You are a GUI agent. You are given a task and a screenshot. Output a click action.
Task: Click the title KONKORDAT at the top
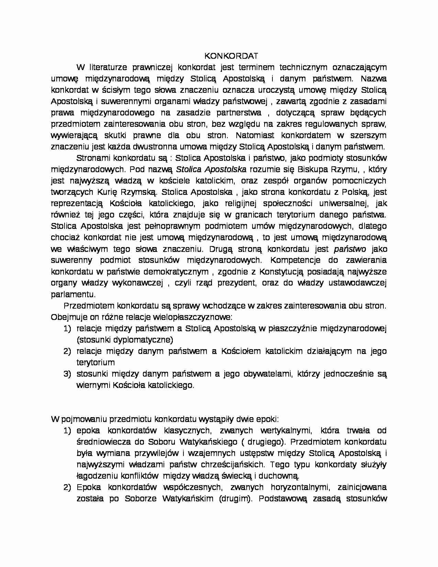231,56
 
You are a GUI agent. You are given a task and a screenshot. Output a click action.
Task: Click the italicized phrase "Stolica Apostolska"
211,169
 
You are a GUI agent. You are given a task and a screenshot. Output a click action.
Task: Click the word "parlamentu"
73,294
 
